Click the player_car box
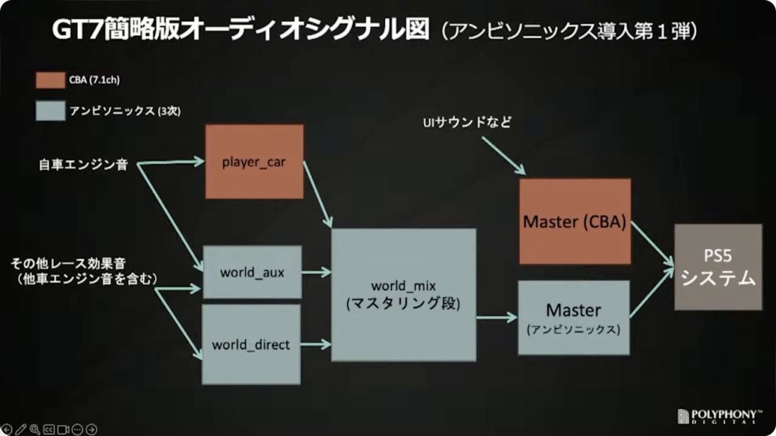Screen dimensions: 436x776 (x=254, y=162)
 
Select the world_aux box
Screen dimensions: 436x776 (x=252, y=272)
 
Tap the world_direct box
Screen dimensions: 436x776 (x=251, y=344)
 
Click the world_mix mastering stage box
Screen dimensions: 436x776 (x=403, y=295)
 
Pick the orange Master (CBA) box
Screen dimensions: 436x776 (x=575, y=221)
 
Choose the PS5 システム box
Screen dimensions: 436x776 (x=718, y=267)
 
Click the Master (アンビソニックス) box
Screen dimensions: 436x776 (x=574, y=317)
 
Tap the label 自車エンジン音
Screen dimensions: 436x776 (x=82, y=164)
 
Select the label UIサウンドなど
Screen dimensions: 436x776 (x=467, y=122)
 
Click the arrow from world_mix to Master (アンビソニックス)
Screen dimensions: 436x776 (x=497, y=317)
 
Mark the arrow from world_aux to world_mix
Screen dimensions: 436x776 (x=316, y=272)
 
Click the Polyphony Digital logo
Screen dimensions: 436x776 (x=718, y=416)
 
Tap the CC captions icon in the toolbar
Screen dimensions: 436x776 (x=49, y=429)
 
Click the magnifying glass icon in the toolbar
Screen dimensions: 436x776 (x=35, y=429)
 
